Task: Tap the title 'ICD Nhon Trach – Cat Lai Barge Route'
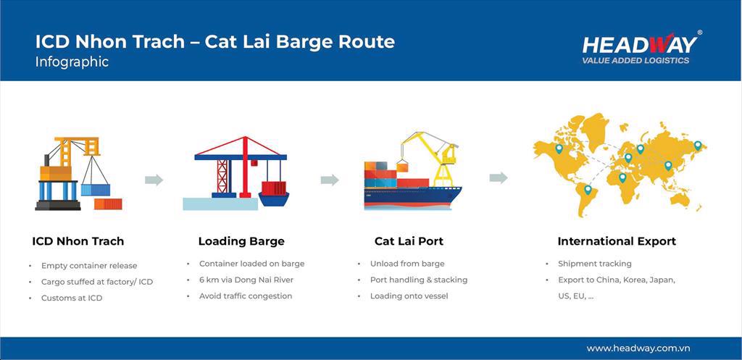214,41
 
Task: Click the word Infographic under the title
72,62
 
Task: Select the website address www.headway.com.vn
638,348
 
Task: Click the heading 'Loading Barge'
241,241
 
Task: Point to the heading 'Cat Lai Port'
409,241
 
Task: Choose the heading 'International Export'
617,241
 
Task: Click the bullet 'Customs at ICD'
72,298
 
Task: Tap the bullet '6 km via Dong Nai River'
246,280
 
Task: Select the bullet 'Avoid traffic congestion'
246,296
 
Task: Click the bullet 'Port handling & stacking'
419,280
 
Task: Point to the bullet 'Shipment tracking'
595,264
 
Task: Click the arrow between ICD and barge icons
154,180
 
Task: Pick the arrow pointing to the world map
499,178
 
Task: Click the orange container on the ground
108,204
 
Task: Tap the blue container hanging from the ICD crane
96,190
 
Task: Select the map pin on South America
588,189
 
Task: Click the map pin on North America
559,149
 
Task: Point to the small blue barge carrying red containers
273,194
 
